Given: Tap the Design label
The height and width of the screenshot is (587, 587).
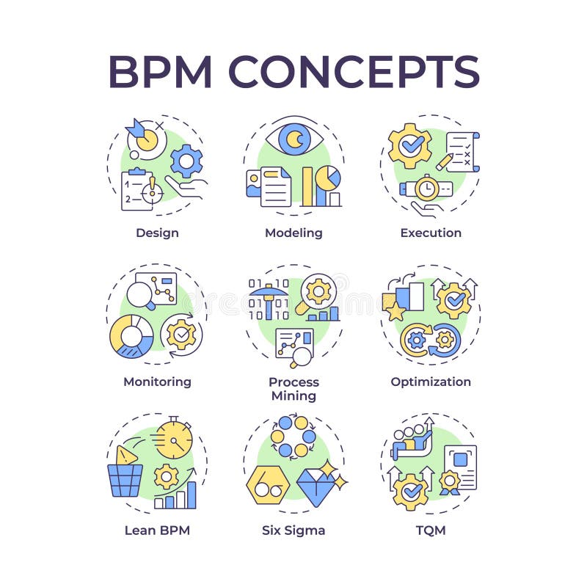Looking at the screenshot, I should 157,233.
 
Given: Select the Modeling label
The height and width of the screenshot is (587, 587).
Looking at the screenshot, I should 293,233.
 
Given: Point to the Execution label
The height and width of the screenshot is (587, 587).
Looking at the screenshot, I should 431,233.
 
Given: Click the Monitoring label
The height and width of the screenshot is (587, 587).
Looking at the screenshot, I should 157,382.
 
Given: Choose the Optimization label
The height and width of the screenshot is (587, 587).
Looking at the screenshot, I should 431,382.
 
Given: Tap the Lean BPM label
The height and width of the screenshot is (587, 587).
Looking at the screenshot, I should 157,530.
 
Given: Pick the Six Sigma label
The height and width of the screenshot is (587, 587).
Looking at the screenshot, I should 293,530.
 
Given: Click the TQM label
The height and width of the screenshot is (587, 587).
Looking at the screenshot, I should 431,530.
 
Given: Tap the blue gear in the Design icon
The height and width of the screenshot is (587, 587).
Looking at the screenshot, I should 186,161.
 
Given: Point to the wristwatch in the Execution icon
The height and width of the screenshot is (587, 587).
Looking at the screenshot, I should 425,189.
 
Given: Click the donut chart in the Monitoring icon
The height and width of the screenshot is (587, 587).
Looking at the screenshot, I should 132,336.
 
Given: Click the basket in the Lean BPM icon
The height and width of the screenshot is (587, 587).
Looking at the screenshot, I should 125,480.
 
